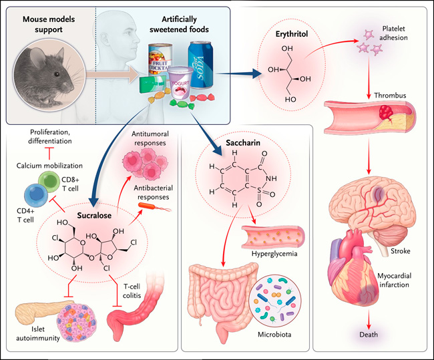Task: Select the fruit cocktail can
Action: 160,61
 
